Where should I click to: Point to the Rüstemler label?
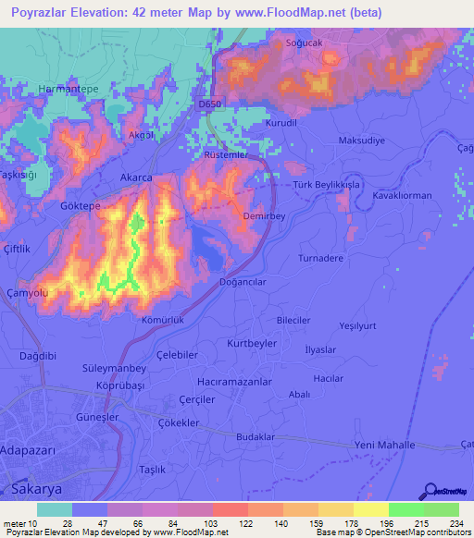tap(228, 156)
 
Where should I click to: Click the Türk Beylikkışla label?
tap(326, 184)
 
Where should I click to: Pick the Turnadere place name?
tap(320, 259)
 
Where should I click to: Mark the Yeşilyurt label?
tap(358, 326)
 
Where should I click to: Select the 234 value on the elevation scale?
tap(454, 524)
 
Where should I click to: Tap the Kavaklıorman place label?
tap(403, 197)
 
